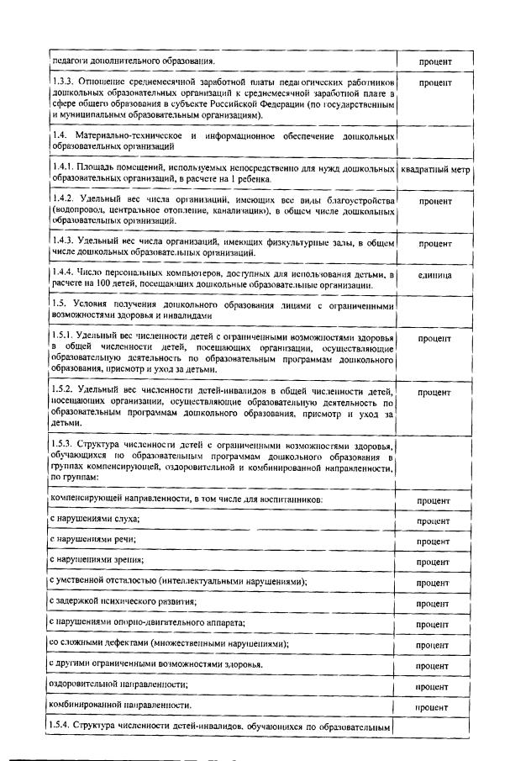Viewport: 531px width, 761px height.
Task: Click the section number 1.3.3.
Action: [x=61, y=82]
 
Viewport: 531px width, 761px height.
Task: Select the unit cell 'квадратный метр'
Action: [x=435, y=171]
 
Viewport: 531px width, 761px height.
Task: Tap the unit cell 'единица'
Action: [x=434, y=276]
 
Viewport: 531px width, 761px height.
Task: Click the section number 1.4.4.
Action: [x=63, y=275]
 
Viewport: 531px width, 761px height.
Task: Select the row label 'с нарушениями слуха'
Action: [x=94, y=520]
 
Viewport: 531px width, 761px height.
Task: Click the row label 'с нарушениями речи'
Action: [x=92, y=540]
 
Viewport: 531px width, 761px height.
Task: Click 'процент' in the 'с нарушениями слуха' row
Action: [x=433, y=521]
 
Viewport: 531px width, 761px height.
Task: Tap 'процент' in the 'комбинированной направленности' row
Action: [x=433, y=708]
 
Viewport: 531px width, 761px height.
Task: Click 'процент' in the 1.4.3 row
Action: [x=435, y=244]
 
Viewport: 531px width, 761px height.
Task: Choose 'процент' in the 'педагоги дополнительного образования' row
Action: [x=435, y=61]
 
